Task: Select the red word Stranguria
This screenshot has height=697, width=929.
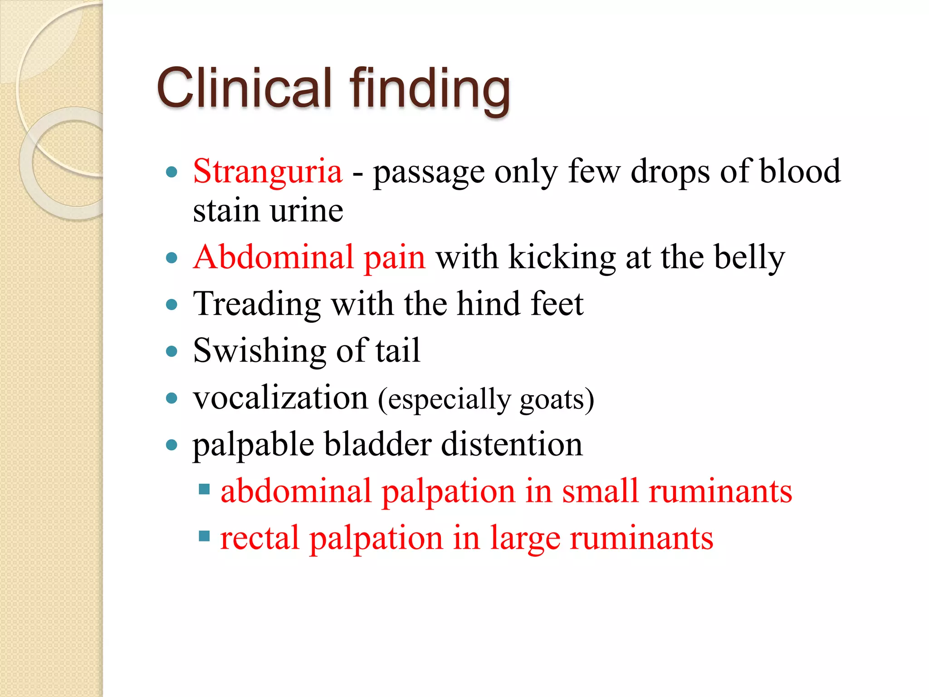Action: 268,172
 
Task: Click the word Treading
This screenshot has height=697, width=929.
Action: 257,304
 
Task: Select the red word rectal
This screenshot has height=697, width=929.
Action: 260,538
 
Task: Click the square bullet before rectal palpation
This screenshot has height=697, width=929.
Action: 205,536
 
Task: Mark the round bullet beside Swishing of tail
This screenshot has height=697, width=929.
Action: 171,351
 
